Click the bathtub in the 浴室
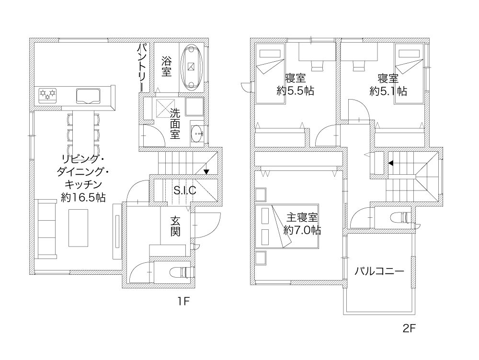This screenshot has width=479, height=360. click(x=192, y=67)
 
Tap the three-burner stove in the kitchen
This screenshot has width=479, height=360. click(x=48, y=95)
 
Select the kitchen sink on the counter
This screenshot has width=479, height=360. click(x=88, y=97)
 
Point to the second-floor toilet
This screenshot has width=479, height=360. click(x=401, y=217)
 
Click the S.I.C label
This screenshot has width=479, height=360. click(x=185, y=191)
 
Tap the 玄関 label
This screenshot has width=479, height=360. click(x=175, y=226)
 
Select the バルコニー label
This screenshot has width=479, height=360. click(x=379, y=271)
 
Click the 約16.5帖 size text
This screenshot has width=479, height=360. click(x=83, y=198)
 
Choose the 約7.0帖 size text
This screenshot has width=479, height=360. click(x=302, y=230)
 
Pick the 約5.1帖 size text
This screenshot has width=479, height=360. click(x=388, y=91)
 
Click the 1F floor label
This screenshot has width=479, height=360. click(x=184, y=302)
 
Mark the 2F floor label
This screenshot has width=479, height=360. click(x=410, y=328)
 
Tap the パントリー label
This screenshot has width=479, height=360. click(x=143, y=67)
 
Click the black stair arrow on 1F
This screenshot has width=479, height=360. click(x=206, y=171)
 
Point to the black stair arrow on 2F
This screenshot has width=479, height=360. click(x=391, y=163)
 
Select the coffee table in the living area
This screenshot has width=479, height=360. click(x=78, y=228)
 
